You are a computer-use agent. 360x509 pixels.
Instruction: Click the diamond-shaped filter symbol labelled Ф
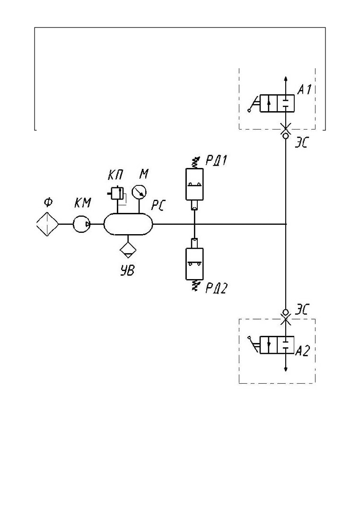47,224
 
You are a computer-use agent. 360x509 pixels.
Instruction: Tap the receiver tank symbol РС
128,224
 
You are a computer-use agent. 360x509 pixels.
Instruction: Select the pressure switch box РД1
194,184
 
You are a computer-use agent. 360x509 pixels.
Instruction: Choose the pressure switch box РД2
194,264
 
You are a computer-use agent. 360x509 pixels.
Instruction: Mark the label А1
305,89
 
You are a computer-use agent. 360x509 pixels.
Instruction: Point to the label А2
303,351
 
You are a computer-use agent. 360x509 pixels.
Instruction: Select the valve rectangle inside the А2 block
277,345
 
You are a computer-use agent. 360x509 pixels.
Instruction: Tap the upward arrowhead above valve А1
285,78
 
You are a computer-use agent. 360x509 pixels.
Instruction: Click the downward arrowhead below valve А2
285,369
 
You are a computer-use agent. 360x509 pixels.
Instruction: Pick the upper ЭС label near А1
301,143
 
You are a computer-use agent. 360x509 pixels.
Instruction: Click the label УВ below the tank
127,270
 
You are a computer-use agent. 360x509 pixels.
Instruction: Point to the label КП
115,176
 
